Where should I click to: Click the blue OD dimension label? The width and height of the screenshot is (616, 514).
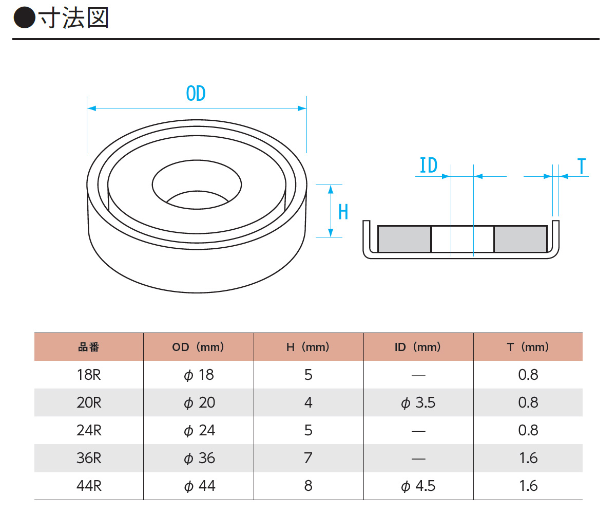196,94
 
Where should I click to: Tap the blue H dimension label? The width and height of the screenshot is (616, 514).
343,211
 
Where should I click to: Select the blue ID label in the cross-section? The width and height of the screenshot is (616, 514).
428,165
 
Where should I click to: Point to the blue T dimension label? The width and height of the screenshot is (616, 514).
582,166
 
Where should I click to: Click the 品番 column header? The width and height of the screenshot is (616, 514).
88,347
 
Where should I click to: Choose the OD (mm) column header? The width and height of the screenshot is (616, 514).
198,347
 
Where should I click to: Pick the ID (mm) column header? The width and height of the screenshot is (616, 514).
418,347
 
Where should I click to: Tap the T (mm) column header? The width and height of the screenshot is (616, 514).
528,347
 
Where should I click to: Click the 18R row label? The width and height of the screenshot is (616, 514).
89,375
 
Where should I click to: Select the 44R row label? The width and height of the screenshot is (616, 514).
89,486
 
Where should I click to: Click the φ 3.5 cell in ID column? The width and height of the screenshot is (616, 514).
418,402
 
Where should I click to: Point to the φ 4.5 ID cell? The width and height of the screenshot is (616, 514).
418,486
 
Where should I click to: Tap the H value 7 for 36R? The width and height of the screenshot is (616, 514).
308,458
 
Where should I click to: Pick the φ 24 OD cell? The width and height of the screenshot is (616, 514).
199,430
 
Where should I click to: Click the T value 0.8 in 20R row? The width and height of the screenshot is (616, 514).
528,402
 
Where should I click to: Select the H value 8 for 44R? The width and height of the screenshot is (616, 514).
309,486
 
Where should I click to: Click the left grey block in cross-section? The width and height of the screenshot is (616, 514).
404,239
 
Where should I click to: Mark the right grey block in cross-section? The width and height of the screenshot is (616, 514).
521,239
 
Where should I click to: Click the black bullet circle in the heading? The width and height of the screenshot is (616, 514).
25,17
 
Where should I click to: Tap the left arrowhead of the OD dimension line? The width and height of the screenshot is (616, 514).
91,108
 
